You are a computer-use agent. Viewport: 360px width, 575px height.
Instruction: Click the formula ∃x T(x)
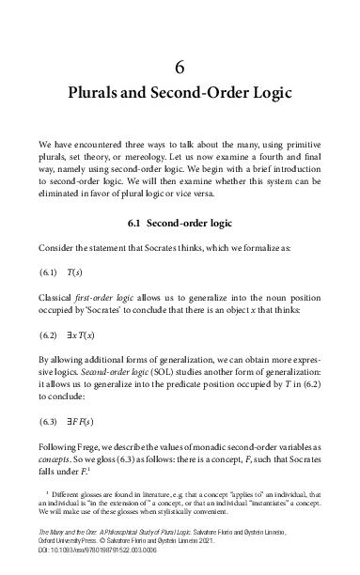(x=81, y=334)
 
